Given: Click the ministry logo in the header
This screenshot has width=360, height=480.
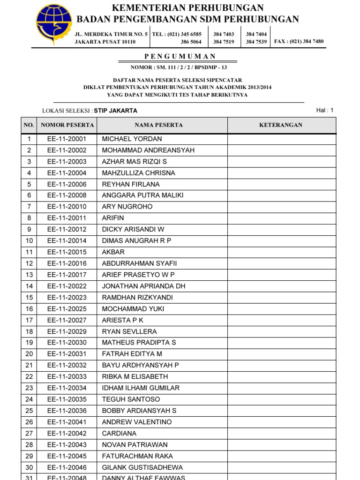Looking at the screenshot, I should click(54, 24).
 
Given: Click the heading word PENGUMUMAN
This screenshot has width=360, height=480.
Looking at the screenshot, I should click(180, 56).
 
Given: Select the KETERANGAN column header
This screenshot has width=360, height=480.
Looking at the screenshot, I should click(281, 125).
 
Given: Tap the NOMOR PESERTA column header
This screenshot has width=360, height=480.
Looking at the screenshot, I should click(67, 125).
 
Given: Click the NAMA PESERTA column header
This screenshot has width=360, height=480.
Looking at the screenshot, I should click(159, 125).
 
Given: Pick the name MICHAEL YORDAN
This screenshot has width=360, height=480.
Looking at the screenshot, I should click(132, 139).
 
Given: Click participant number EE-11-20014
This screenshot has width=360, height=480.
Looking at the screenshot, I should click(67, 240).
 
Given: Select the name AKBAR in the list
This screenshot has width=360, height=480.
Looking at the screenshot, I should click(113, 252).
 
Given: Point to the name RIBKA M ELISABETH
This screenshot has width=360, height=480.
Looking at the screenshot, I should click(135, 376).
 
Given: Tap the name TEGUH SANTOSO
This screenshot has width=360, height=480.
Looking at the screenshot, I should click(131, 399).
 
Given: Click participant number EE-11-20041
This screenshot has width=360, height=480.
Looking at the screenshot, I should click(67, 422).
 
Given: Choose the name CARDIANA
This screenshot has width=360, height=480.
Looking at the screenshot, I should click(119, 433).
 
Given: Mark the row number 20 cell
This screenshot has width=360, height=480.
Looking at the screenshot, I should click(29, 354).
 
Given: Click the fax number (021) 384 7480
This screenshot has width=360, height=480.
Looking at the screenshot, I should click(307, 41).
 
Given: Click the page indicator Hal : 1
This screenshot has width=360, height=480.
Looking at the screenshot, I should click(324, 110).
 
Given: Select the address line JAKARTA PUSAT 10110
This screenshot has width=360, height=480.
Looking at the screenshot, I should click(105, 42).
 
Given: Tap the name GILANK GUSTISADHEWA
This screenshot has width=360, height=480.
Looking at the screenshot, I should click(142, 467).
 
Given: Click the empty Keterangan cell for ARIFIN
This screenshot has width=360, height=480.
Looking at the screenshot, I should click(281, 218).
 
